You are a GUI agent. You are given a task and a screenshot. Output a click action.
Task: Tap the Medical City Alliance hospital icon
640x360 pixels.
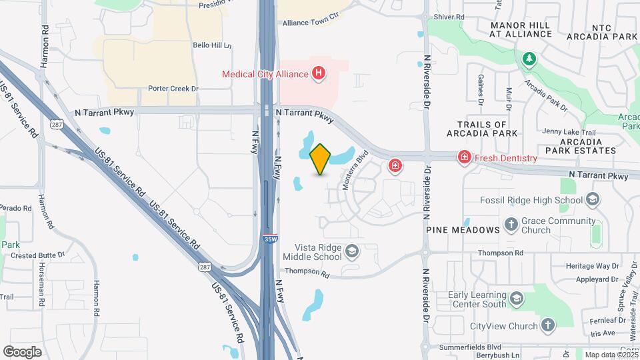tap(319, 73)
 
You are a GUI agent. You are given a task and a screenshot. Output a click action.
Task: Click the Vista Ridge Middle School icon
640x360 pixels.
tap(352, 251)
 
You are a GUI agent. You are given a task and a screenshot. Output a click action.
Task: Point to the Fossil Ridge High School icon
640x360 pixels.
tap(591, 199)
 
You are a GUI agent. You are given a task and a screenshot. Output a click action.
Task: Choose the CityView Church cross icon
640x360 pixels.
tap(547, 325)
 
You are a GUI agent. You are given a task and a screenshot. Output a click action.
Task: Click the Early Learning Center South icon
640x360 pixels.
tap(516, 298)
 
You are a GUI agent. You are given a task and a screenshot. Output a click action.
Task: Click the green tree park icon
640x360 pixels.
tap(529, 59)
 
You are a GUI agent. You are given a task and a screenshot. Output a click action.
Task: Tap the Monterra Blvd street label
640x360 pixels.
tap(355, 171)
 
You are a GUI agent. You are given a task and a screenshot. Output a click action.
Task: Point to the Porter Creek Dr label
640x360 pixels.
tap(174, 88)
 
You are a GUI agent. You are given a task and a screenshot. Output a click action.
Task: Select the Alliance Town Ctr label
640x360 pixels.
tap(311, 22)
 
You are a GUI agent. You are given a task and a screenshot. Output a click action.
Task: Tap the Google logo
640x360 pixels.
tap(22, 351)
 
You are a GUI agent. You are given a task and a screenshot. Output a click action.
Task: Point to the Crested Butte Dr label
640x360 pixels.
tap(37, 255)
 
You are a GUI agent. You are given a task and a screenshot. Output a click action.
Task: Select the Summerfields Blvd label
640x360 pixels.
tap(475, 347)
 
